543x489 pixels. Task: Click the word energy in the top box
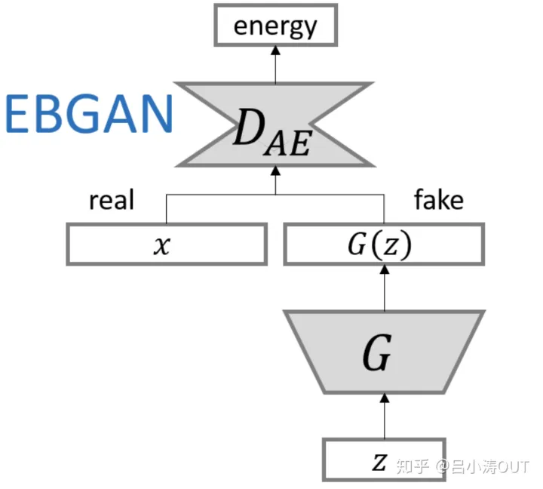[275, 26]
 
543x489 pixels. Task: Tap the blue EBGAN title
[89, 115]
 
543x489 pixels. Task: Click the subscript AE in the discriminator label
[289, 143]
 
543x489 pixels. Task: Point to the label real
[112, 200]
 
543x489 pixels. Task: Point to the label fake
[439, 200]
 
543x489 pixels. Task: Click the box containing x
[167, 244]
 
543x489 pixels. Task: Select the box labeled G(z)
[383, 244]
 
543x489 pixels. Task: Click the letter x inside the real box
[161, 245]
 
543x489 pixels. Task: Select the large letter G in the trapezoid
[377, 355]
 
